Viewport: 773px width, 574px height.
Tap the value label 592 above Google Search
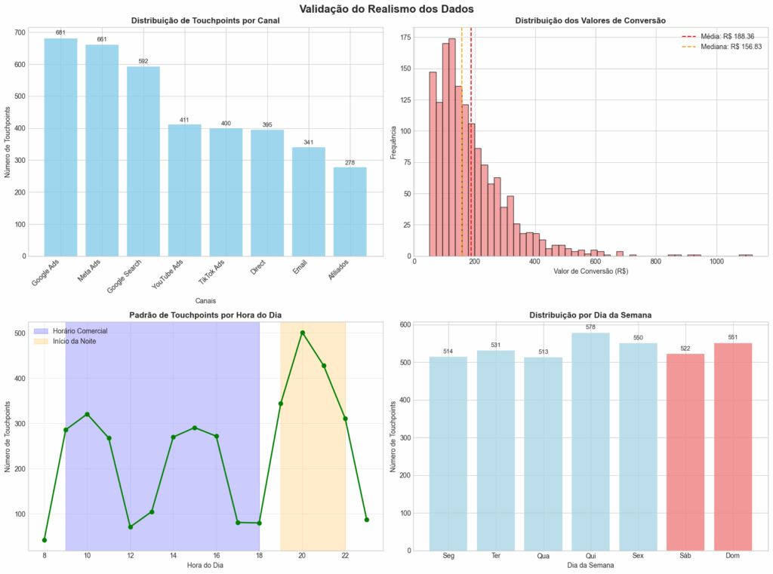click(x=143, y=61)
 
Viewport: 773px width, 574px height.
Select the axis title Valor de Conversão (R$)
click(x=590, y=271)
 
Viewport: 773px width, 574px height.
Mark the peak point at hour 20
click(x=302, y=333)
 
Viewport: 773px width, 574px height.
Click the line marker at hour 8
click(x=45, y=540)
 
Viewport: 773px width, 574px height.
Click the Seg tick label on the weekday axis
click(x=448, y=556)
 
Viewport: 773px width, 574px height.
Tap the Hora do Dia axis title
click(x=205, y=566)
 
